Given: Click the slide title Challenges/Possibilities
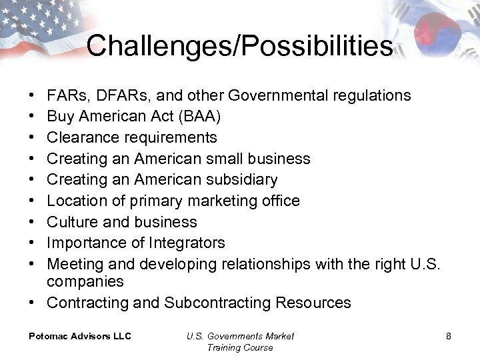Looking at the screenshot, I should click(239, 46).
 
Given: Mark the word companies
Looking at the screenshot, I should click(85, 282).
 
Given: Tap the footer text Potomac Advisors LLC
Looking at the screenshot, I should click(80, 336).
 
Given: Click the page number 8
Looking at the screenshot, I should click(449, 336).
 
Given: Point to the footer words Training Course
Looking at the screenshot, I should click(240, 347).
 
